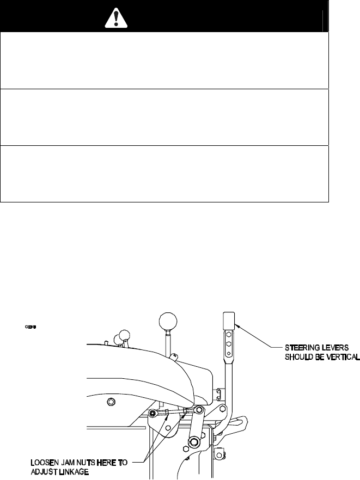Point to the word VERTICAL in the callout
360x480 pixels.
[x=341, y=357]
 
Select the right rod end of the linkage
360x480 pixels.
[x=200, y=409]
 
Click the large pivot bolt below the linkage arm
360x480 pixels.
[x=193, y=441]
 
